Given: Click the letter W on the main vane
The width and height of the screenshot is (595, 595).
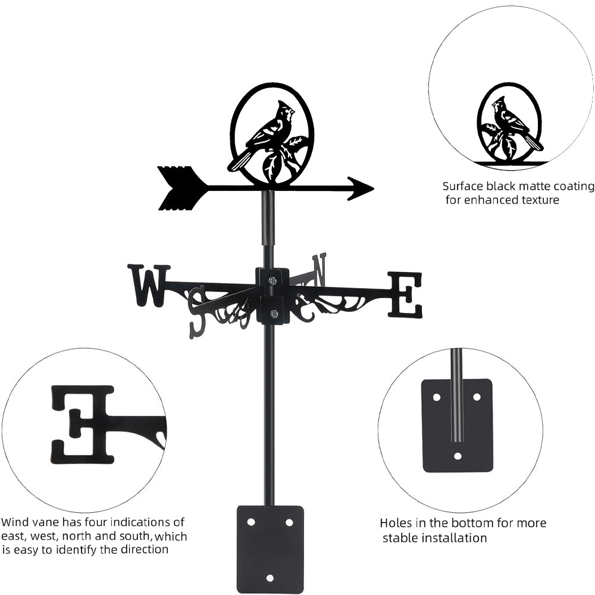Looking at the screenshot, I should click(149, 286).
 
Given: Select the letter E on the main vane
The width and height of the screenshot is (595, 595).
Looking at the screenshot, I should click(405, 295).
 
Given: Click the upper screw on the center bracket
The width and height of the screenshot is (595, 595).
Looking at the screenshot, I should click(273, 281).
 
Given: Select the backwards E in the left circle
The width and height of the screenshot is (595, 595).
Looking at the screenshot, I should click(82, 424).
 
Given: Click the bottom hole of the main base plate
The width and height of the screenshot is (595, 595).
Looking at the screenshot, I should click(270, 578).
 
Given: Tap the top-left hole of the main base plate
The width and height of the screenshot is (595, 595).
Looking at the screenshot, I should click(251, 522).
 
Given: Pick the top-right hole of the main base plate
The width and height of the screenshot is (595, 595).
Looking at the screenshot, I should click(289, 522).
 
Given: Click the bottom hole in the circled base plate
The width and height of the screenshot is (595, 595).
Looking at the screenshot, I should click(457, 456).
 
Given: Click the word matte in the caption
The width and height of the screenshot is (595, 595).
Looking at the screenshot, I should click(525, 186).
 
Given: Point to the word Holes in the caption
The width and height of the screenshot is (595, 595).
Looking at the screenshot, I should click(396, 524).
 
